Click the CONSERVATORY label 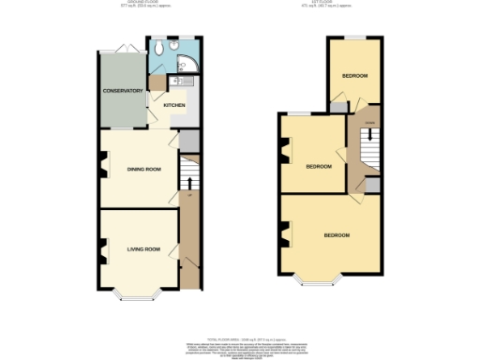(x=123, y=91)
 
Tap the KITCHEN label (x=174, y=105)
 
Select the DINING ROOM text (x=144, y=169)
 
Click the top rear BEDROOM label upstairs (x=354, y=75)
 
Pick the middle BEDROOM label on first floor (x=320, y=166)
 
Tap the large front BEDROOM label (x=337, y=233)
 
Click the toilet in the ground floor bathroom (x=162, y=47)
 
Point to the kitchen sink (x=184, y=82)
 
